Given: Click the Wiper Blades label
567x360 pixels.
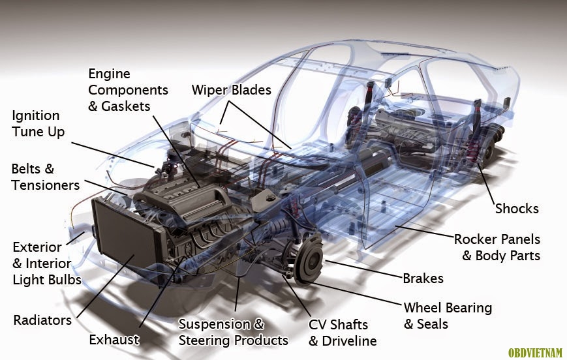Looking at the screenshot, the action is [232, 90].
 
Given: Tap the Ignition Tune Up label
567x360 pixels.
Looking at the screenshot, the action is [38, 124].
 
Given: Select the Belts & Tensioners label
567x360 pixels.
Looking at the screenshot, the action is [45, 177].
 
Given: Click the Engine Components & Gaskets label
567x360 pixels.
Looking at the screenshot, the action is [128, 90].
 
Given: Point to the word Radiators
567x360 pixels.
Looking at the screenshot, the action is [42, 320].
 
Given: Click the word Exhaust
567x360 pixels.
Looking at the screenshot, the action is [114, 340].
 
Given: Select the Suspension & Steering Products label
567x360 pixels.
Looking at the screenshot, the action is [233, 332].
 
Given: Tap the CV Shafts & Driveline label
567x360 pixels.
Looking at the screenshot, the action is [343, 333].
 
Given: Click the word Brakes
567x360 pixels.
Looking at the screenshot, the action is [423, 278].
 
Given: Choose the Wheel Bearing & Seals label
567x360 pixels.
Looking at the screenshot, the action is [448, 316].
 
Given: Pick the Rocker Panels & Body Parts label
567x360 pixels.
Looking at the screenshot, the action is [497, 247].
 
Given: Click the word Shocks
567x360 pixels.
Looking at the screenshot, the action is [517, 209].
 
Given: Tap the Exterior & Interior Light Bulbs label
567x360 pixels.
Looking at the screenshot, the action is [47, 263].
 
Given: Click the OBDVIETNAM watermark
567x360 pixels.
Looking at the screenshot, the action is [536, 352].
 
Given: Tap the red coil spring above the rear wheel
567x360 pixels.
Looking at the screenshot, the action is [473, 152].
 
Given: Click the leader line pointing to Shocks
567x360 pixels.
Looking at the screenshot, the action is [487, 185].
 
